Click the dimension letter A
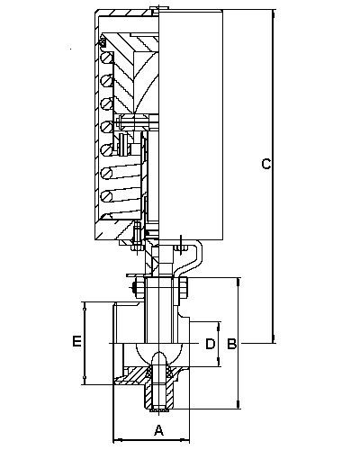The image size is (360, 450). tap(158, 429)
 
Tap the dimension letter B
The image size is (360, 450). tap(231, 344)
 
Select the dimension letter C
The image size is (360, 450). tap(266, 164)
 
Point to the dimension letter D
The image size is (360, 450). tap(211, 344)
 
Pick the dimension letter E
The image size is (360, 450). tap(76, 342)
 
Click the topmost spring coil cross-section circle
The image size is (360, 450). tap(106, 58)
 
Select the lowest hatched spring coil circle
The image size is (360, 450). tap(106, 196)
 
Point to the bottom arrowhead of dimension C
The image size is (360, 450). tap(274, 339)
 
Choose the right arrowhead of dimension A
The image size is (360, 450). tap(185, 440)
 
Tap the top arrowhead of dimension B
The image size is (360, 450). tap(238, 282)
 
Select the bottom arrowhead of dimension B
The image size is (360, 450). tap(238, 404)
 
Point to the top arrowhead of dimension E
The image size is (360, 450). tap(85, 306)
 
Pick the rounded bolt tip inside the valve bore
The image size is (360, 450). tap(159, 359)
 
